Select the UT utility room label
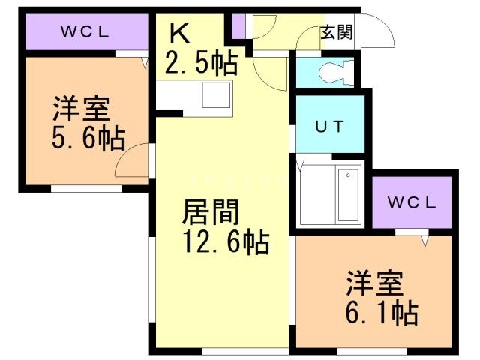[x=329, y=126]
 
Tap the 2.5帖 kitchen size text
[x=201, y=61]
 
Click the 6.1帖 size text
[x=382, y=311]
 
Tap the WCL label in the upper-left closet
[x=85, y=32]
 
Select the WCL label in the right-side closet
[x=412, y=202]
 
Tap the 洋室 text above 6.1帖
[x=374, y=283]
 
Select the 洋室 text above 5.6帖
[x=81, y=109]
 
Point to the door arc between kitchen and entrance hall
[x=267, y=71]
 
